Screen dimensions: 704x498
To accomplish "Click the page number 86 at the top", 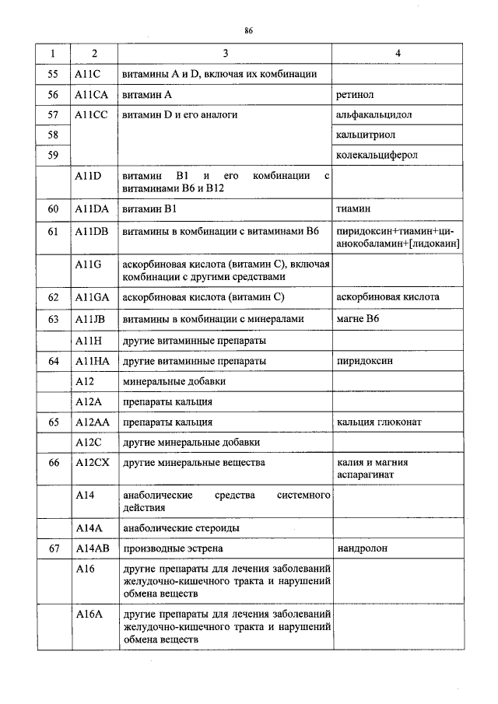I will click(x=249, y=30).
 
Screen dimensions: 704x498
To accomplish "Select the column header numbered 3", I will click(x=225, y=54).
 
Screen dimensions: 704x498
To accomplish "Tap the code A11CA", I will click(x=93, y=95).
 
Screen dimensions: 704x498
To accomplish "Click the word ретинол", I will click(x=355, y=95).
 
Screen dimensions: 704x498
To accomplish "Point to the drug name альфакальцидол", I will click(x=373, y=115).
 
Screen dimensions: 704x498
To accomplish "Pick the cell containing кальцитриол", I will click(x=363, y=135).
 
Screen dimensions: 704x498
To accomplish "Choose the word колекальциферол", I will click(x=377, y=156).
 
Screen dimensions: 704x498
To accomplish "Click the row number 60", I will click(x=53, y=210).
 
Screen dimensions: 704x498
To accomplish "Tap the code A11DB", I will click(x=93, y=232).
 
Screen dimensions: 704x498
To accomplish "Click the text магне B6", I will click(x=357, y=319).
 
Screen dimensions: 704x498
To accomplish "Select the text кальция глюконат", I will click(x=379, y=422).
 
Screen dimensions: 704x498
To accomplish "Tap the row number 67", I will click(x=53, y=548).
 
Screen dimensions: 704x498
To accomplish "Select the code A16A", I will click(x=89, y=615).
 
